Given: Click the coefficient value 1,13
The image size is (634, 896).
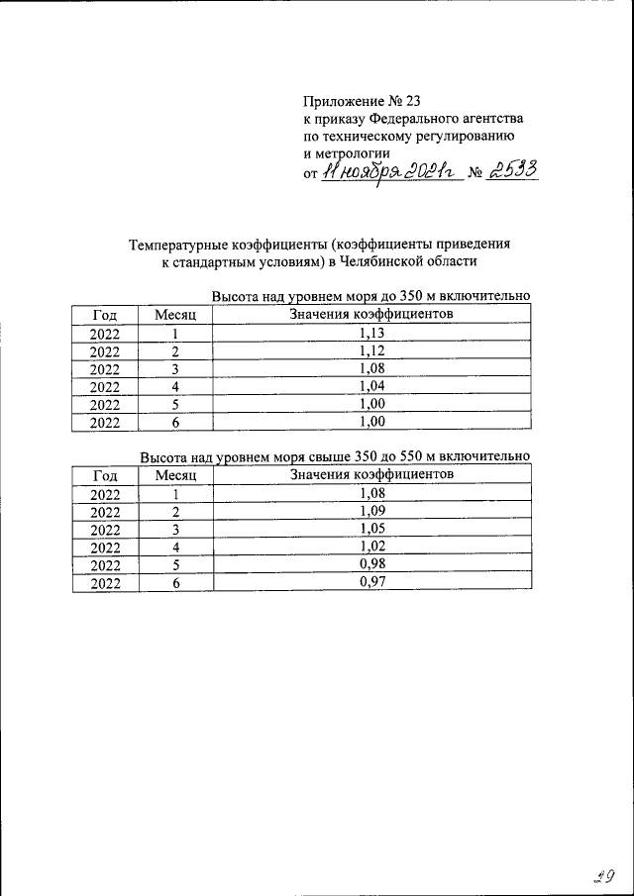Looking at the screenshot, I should [372, 334].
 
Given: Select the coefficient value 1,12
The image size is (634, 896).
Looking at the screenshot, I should [372, 350].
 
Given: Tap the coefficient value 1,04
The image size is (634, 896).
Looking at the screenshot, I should [372, 385].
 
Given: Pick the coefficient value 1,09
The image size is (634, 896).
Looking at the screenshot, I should [372, 511].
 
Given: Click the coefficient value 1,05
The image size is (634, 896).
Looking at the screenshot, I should [372, 529].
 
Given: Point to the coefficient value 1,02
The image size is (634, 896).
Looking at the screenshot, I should [372, 547].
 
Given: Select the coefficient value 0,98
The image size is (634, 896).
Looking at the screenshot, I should [372, 564].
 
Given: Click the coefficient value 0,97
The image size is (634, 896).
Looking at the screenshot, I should [372, 582].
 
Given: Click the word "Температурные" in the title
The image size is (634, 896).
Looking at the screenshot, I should [179, 244].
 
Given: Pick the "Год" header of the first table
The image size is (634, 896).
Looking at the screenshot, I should [105, 315].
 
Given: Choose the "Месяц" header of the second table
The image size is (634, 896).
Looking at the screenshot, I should [176, 475].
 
